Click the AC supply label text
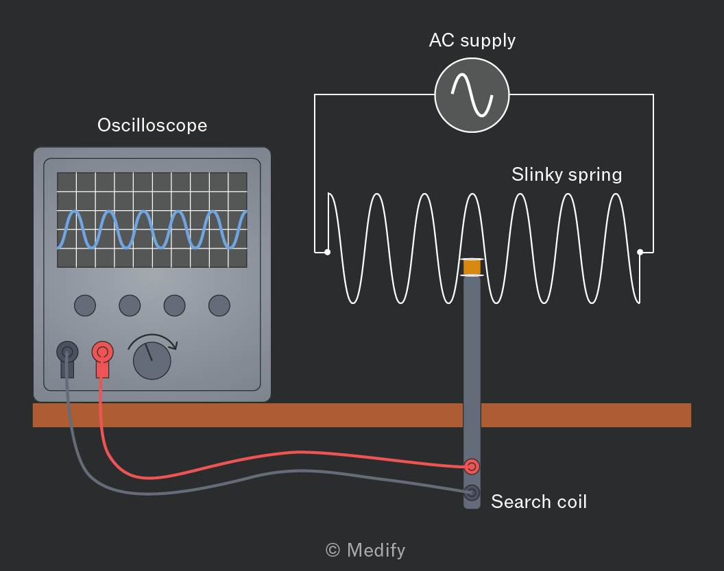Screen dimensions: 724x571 [472, 40]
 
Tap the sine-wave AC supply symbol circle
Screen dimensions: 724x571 [472, 95]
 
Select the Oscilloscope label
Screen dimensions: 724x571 [152, 125]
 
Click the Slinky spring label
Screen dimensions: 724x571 [566, 175]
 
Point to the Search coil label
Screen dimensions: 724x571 [539, 502]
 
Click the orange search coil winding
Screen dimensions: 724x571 [472, 267]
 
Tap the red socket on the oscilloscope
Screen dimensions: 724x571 [103, 353]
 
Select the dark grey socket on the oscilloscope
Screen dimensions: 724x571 [67, 353]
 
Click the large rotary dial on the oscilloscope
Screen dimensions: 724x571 [152, 361]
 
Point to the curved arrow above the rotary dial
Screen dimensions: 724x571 [152, 336]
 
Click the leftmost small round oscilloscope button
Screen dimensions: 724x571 [85, 305]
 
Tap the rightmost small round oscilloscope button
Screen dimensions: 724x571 [219, 305]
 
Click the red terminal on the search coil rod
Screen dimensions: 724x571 [472, 467]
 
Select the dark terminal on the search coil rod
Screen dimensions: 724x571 [472, 493]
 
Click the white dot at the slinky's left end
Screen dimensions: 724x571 [327, 252]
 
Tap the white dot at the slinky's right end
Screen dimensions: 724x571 [640, 252]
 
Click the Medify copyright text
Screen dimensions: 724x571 [365, 550]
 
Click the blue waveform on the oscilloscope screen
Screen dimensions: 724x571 [152, 229]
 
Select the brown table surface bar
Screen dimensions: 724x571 [362, 415]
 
